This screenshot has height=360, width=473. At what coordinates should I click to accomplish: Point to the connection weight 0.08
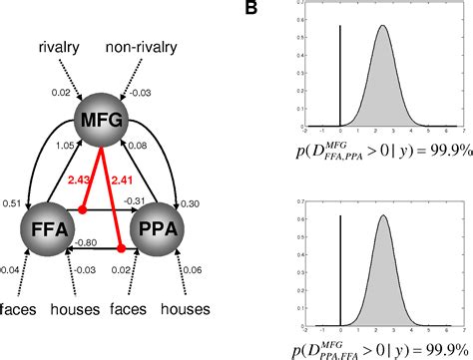(137, 145)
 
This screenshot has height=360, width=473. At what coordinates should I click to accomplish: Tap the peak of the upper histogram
(381, 27)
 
